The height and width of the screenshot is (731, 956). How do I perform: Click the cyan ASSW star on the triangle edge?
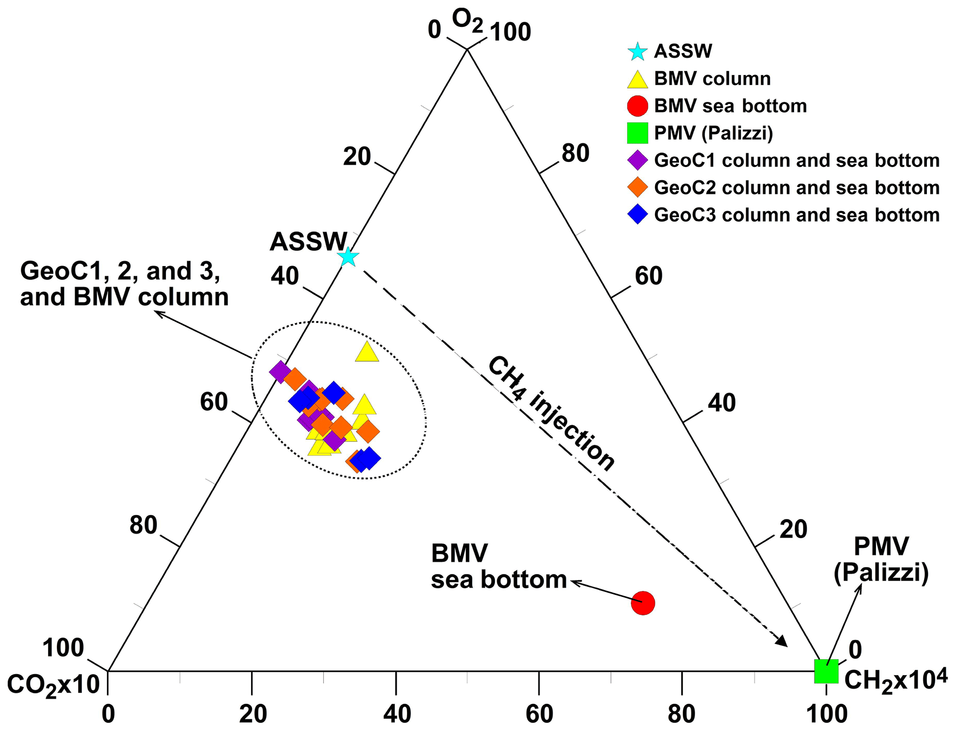[x=348, y=257]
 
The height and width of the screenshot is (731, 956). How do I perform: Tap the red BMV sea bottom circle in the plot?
[x=643, y=603]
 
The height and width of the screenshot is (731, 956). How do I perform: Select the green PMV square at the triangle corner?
[x=826, y=671]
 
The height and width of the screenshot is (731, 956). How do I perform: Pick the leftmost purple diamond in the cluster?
[x=280, y=372]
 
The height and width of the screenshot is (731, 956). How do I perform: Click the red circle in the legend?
[x=637, y=106]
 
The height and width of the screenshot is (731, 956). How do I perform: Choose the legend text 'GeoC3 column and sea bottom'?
[x=796, y=215]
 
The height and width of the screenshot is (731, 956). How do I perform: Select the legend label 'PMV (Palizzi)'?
[x=713, y=133]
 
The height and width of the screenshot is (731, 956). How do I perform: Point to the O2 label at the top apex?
[x=467, y=21]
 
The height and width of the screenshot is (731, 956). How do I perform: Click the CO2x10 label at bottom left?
[x=53, y=685]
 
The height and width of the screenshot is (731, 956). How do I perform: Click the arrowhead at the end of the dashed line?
[x=782, y=642]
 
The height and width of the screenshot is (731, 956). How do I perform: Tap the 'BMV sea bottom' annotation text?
[x=499, y=566]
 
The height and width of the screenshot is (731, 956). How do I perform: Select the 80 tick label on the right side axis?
[x=575, y=153]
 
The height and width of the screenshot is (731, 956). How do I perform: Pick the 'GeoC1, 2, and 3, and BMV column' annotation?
[x=124, y=284]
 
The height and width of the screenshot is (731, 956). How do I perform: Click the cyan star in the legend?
[x=637, y=51]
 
